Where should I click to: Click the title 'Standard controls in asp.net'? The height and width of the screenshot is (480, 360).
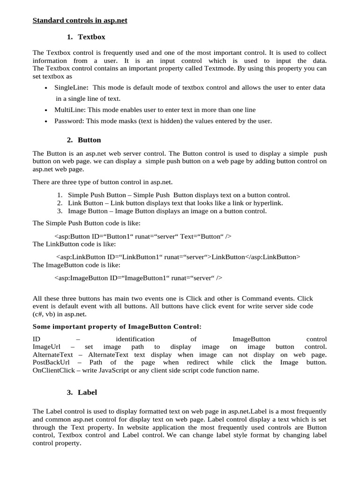tap(80, 21)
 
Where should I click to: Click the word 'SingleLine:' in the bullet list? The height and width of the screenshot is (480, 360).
tap(73, 88)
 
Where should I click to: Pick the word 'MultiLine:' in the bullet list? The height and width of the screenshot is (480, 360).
tap(70, 110)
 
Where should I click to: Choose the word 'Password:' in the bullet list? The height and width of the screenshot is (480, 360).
tap(68, 121)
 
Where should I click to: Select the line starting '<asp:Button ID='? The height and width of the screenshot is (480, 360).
tap(143, 236)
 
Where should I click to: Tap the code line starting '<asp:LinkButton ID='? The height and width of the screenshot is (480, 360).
tap(178, 257)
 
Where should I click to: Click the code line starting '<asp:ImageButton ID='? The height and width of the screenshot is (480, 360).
tap(138, 278)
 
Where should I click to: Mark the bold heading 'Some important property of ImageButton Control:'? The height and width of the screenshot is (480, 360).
tap(117, 326)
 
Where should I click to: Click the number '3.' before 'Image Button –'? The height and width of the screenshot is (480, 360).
tap(60, 211)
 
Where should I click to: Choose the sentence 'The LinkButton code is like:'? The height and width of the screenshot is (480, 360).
tap(74, 244)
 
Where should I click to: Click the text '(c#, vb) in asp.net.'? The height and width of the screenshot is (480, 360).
tap(60, 314)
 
